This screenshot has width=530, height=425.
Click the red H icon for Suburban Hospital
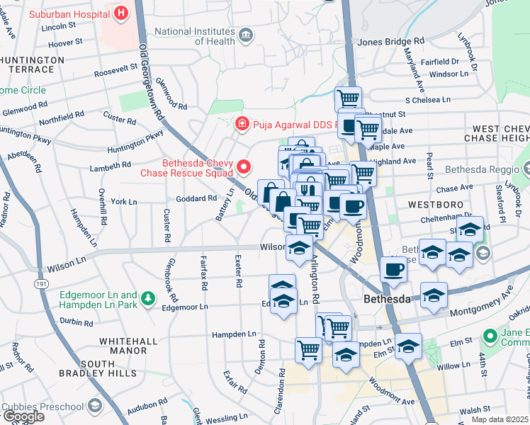click(122, 13)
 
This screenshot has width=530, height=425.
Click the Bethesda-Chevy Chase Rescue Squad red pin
click(244, 168)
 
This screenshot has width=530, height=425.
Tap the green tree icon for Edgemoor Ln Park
click(148, 299)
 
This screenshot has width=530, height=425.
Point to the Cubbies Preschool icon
click(95, 405)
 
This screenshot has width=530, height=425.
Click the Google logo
click(23, 416)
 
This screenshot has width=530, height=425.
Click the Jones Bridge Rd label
click(390, 42)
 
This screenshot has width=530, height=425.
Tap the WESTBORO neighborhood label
click(435, 204)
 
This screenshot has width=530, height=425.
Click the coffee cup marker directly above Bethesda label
click(393, 269)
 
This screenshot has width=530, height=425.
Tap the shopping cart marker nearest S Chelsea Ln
click(348, 98)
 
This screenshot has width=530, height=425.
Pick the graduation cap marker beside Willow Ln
click(408, 346)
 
